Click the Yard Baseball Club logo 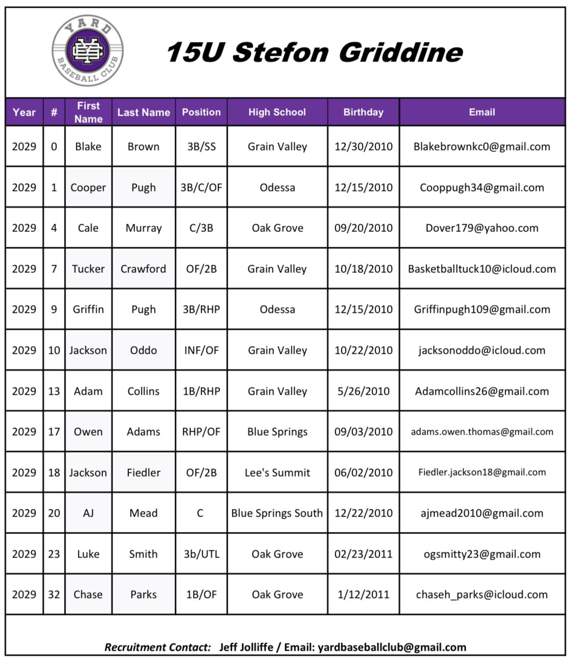coord(87,50)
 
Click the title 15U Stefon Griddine coord(314,52)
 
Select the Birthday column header coord(363,112)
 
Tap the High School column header coord(277,112)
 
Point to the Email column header coord(482,112)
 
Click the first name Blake coord(88,146)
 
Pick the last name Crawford coord(143,269)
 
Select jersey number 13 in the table coord(54,391)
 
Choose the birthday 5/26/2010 coord(363,391)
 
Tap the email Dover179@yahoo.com coord(482,228)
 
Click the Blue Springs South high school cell coord(277,513)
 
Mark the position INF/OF coord(201,350)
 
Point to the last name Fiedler coord(143,473)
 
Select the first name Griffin coord(88,309)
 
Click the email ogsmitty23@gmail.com coord(482,554)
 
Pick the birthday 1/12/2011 coord(363,594)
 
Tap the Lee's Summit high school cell coord(277,473)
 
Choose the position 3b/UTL coord(201,554)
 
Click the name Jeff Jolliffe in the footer coord(246,647)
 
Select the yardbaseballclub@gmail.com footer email coord(392,647)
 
